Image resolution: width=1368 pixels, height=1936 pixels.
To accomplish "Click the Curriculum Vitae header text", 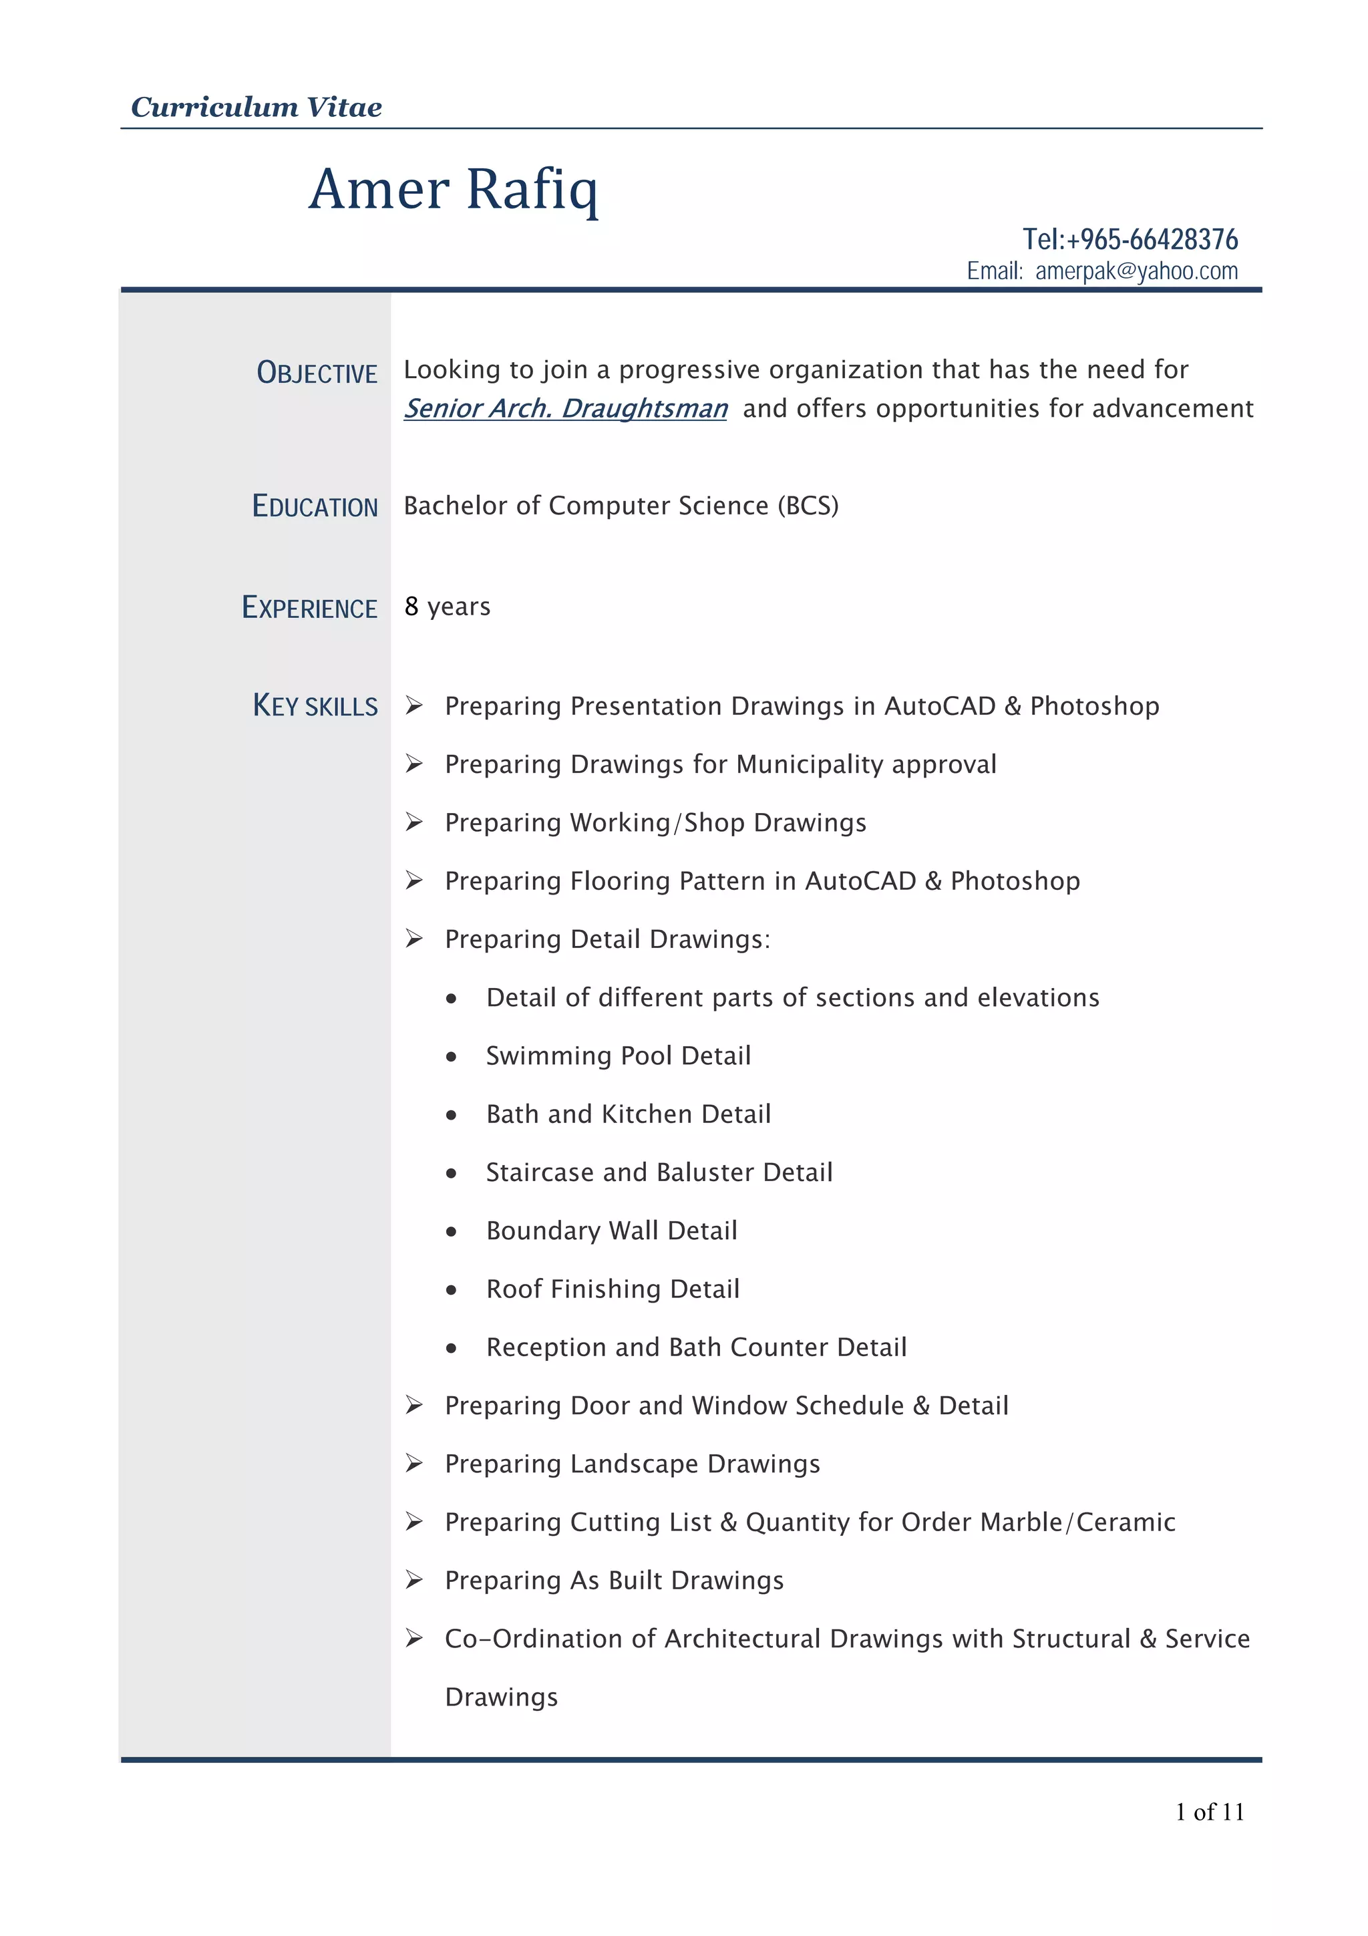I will coord(256,107).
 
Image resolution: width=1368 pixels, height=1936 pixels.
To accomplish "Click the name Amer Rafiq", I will coord(454,189).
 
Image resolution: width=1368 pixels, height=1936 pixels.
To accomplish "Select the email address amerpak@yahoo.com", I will coord(1136,271).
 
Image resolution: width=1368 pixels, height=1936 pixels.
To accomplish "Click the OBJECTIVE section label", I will coord(317,373).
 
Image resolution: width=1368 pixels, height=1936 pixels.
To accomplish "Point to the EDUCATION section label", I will coord(315,506).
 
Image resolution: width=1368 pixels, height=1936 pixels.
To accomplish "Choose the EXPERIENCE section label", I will coord(309,607).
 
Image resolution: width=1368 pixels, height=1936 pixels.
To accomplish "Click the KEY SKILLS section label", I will coord(315,705).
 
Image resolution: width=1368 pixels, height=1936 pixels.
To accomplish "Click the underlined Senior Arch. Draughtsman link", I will coord(564,408).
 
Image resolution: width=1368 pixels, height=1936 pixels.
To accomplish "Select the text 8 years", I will coord(447,607).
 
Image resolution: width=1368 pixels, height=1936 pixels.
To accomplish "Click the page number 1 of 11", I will coord(1210,1811).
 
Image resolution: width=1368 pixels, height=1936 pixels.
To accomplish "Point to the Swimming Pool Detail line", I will coord(618,1056).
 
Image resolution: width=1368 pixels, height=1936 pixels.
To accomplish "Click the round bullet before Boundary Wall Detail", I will coord(452,1232).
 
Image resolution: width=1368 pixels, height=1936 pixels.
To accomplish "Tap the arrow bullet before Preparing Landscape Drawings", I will coord(414,1463).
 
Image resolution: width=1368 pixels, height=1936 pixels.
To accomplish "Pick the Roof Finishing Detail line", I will coord(613,1289).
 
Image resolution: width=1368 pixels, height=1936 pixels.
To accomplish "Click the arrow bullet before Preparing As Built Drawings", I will coord(414,1579).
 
